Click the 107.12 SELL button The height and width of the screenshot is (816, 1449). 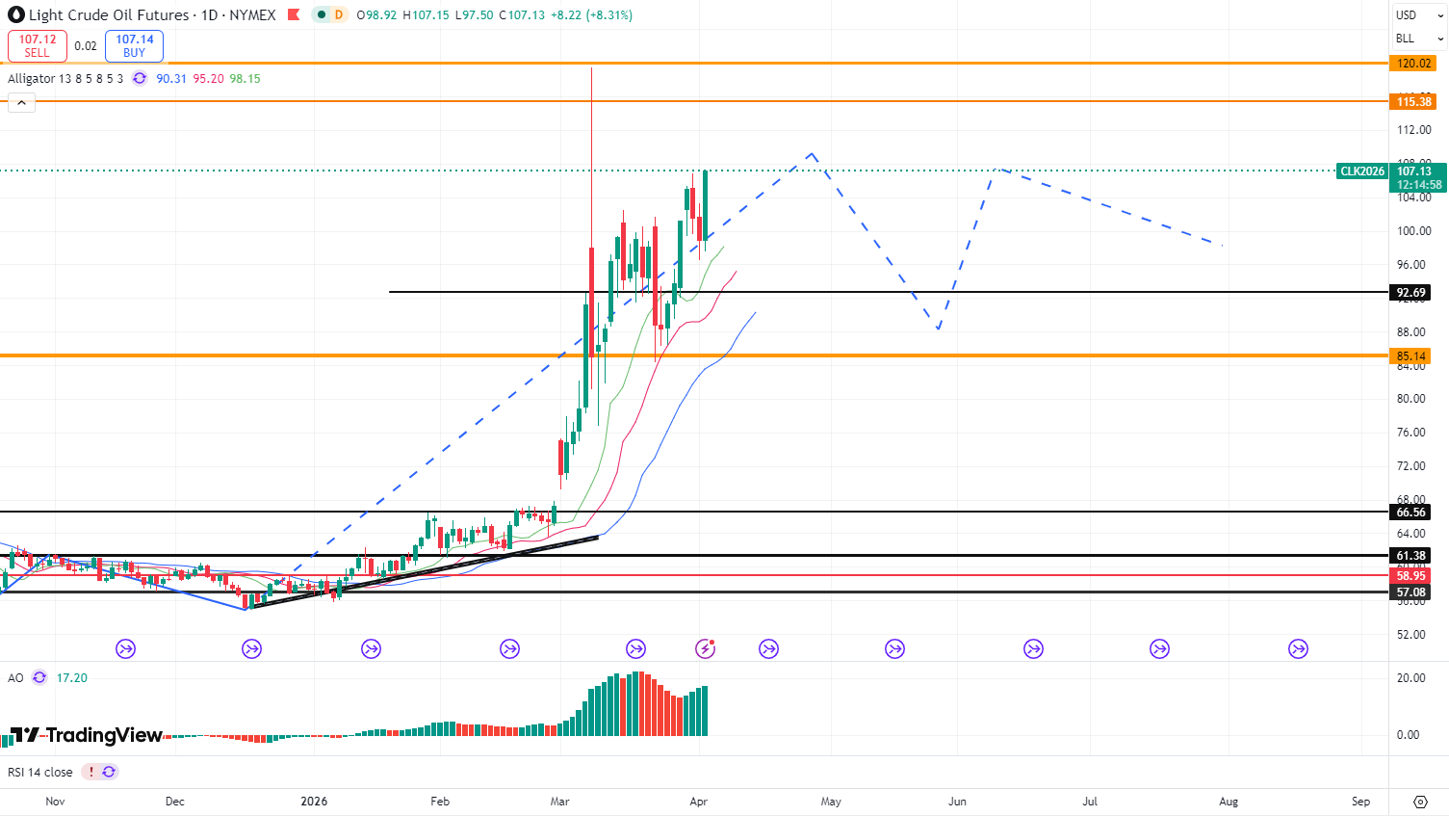pyautogui.click(x=38, y=45)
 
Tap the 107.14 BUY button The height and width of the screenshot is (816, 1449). pyautogui.click(x=134, y=45)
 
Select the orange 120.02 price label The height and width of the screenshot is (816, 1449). pyautogui.click(x=1413, y=64)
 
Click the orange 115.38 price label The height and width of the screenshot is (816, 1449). pyautogui.click(x=1413, y=101)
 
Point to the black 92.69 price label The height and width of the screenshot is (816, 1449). pyautogui.click(x=1410, y=293)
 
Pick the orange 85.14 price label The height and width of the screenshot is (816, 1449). pyautogui.click(x=1410, y=356)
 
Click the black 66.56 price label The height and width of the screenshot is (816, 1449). pyautogui.click(x=1410, y=513)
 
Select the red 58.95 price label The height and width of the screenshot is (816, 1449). pyautogui.click(x=1410, y=576)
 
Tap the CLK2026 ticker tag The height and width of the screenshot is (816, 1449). pyautogui.click(x=1362, y=171)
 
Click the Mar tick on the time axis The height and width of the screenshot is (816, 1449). pyautogui.click(x=559, y=802)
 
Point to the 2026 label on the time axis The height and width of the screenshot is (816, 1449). pyautogui.click(x=314, y=802)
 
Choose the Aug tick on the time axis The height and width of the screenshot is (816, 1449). pyautogui.click(x=1229, y=802)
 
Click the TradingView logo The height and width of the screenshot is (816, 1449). pyautogui.click(x=87, y=735)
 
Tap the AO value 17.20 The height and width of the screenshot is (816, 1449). pyautogui.click(x=72, y=678)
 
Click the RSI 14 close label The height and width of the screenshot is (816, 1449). pyautogui.click(x=40, y=773)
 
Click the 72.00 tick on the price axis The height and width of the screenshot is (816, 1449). pyautogui.click(x=1413, y=466)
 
